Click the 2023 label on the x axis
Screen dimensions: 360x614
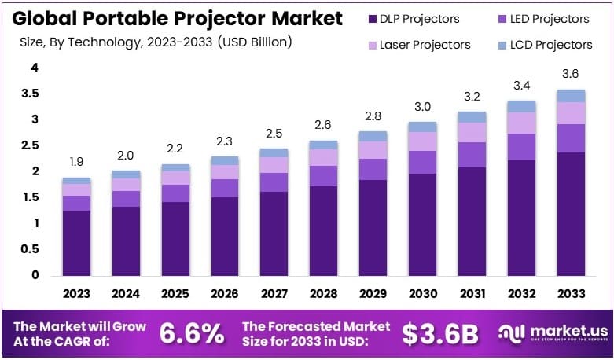77,294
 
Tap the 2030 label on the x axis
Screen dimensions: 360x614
422,294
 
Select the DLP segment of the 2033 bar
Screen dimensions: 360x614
570,214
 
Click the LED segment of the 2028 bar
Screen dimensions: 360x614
323,176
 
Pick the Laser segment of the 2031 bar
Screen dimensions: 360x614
471,132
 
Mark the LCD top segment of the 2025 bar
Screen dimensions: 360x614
175,167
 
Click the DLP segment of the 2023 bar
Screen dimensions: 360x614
77,243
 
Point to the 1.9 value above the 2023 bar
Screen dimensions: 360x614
77,163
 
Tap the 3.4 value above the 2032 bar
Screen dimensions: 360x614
520,84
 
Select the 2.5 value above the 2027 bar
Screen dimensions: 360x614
274,133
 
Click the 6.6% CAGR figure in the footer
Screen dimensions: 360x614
192,333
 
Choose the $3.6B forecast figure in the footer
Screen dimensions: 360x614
439,333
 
